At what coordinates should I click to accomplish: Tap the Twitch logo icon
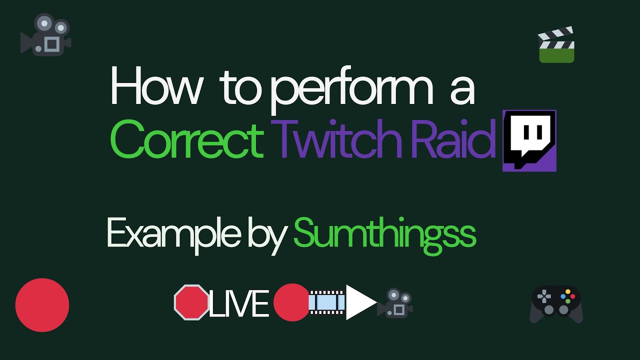pos(529,140)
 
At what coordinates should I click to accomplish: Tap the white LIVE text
pos(239,303)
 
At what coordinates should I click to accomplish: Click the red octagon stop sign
pos(191,302)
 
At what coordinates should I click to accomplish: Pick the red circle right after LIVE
pos(291,302)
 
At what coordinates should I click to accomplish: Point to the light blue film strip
pos(327,302)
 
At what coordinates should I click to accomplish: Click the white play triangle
pos(360,302)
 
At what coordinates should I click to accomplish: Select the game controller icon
pos(556,303)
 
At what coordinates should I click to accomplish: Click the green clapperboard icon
pos(556,46)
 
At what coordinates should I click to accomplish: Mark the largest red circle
pos(42,305)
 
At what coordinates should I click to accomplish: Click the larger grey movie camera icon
pos(46,34)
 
